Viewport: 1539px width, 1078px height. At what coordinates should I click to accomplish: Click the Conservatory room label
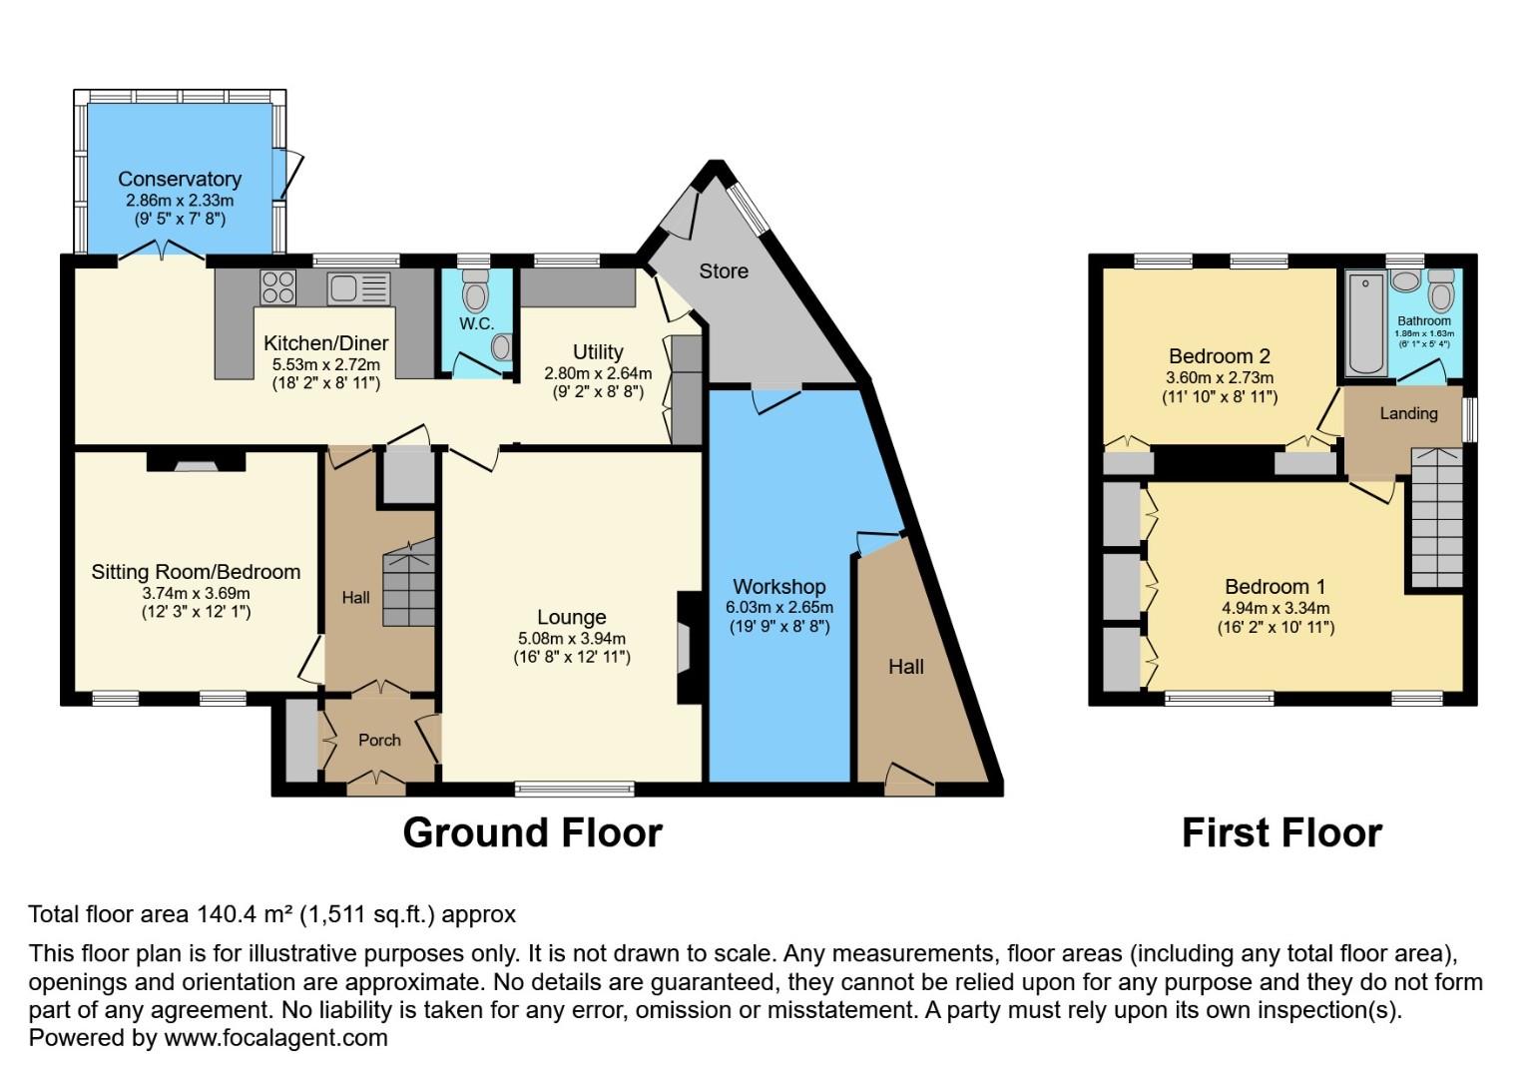tap(180, 179)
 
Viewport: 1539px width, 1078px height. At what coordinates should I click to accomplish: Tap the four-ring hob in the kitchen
tap(277, 288)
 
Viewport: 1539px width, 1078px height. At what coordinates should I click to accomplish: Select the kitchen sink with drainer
tap(357, 288)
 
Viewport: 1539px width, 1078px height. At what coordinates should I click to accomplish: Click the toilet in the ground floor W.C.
tap(476, 292)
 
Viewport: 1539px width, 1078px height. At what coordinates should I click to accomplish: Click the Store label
tap(723, 271)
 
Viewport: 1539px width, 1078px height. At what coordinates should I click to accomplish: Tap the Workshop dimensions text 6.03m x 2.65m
tap(779, 607)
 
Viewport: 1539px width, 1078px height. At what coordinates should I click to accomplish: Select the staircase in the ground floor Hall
tap(409, 584)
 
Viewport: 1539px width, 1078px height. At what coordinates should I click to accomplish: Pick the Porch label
tap(379, 740)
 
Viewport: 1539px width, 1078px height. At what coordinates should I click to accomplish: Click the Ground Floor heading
tap(532, 832)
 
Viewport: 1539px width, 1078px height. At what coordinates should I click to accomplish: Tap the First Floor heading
tap(1282, 832)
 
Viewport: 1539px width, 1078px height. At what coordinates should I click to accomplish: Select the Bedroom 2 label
tap(1219, 356)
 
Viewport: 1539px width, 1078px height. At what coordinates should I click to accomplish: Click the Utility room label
tap(598, 351)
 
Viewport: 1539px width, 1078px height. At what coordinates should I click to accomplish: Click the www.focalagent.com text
tap(275, 1038)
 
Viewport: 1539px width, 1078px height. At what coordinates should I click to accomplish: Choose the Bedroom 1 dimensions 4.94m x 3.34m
tap(1275, 608)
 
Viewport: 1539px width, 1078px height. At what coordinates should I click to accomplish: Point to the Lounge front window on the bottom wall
tap(575, 789)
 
